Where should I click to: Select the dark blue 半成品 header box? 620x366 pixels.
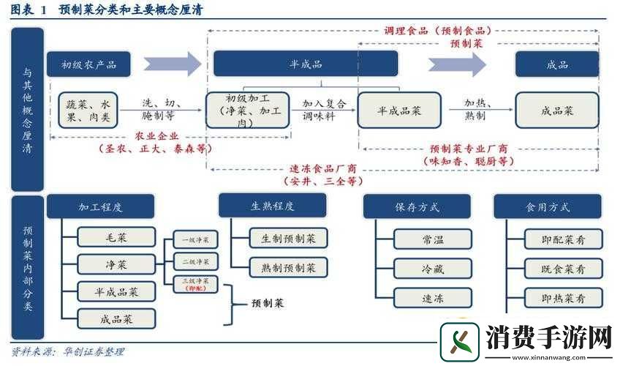305,64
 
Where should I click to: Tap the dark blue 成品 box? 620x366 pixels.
557,64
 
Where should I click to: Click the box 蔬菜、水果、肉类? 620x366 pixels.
88,111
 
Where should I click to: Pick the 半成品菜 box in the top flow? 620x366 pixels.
399,111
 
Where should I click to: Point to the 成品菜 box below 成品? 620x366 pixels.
557,111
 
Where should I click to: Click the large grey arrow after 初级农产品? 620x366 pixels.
173,64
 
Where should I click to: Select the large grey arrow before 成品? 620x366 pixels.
467,64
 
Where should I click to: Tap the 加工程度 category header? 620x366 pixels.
100,206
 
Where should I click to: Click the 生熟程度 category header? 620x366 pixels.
272,206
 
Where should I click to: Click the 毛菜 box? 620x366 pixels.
117,237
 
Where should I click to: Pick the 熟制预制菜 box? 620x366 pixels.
283,267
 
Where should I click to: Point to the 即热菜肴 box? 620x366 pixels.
563,298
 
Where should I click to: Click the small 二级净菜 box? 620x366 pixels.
196,261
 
